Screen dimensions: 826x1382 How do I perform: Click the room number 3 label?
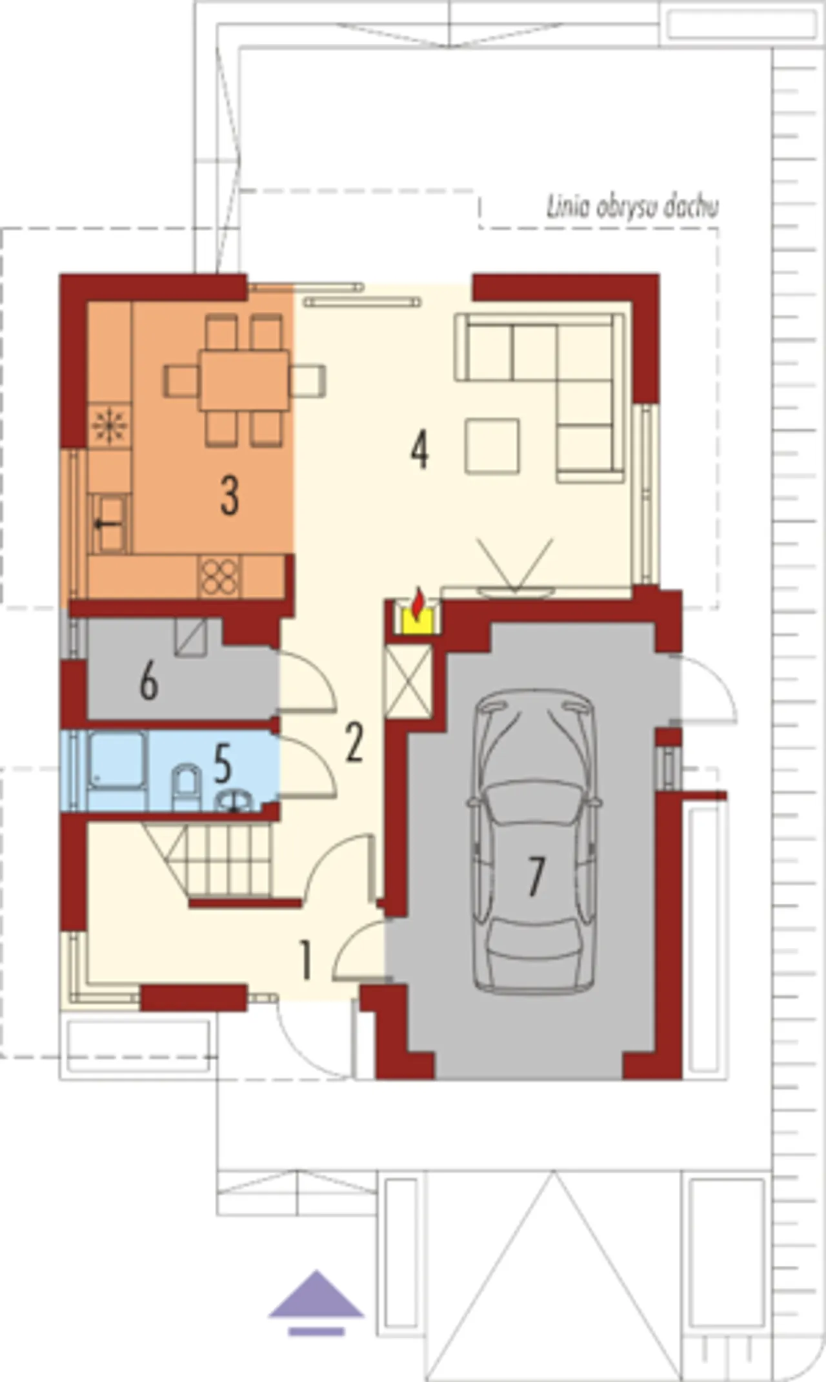coord(230,495)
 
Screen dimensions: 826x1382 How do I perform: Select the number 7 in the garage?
coord(536,876)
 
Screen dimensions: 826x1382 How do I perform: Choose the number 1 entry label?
coord(306,960)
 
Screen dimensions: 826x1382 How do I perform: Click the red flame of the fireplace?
coord(419,602)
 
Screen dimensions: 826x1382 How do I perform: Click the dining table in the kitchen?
coord(244,380)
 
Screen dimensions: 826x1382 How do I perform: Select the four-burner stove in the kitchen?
coord(219,576)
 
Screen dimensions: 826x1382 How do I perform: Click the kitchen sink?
coord(109,523)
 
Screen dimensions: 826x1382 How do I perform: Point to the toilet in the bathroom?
coord(186,788)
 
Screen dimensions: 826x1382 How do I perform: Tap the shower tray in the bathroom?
coord(116,759)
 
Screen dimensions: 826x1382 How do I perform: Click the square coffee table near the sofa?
coord(492,446)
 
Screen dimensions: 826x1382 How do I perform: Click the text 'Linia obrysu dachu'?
coord(632,207)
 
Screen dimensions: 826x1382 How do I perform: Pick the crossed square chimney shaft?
coord(408,681)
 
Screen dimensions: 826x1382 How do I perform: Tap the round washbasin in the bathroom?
coord(234,801)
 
